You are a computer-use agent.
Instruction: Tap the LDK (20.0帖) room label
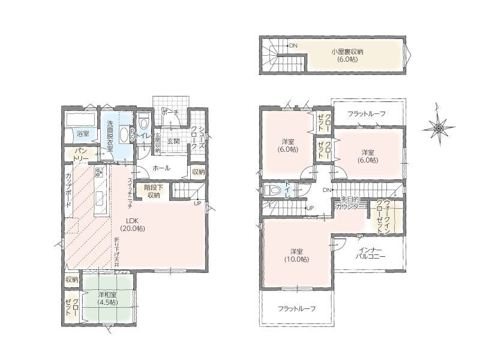[x=133, y=224]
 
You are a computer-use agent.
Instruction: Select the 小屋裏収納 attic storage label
[x=347, y=55]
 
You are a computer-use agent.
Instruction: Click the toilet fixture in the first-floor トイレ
[x=143, y=122]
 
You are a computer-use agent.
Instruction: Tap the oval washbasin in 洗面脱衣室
[x=124, y=134]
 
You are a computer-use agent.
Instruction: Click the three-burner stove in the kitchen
[x=100, y=173]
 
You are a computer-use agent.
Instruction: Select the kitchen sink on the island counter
[x=100, y=199]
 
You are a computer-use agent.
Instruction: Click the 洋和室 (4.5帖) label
[x=107, y=299]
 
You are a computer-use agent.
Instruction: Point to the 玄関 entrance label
[x=173, y=142]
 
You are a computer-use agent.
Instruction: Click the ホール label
[x=161, y=168]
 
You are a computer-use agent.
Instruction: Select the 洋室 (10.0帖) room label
[x=296, y=256]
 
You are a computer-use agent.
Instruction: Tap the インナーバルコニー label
[x=370, y=253]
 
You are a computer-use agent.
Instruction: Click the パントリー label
[x=81, y=155]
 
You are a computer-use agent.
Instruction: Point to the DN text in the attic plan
[x=293, y=46]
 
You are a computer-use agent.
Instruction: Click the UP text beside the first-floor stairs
[x=197, y=203]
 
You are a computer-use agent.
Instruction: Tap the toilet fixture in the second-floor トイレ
[x=272, y=190]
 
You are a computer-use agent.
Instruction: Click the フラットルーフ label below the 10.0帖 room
[x=296, y=308]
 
